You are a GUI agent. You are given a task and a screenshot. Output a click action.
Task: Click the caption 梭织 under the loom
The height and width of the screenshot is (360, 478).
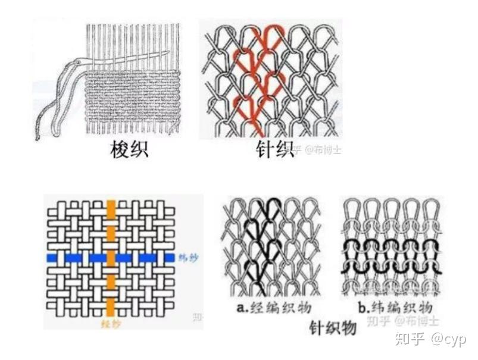[x=130, y=149]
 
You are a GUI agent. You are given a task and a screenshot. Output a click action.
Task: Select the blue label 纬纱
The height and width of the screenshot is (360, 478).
[x=186, y=258]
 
